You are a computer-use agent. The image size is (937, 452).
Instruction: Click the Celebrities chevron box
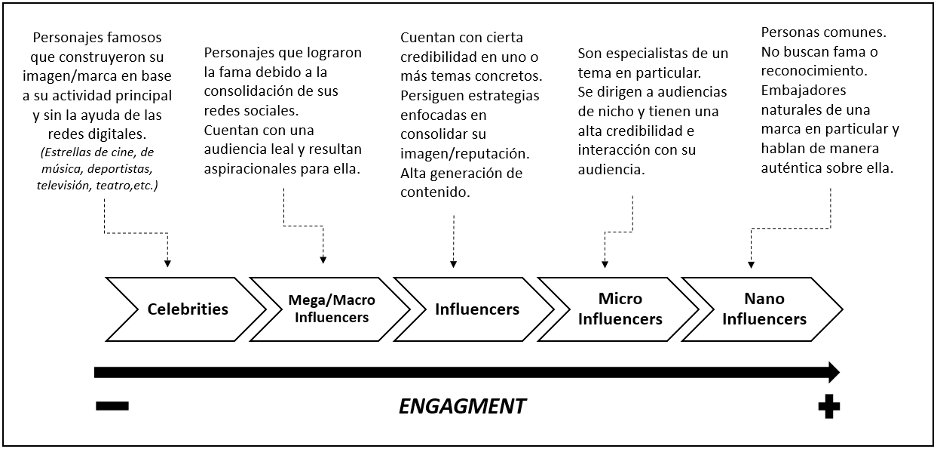pos(187,309)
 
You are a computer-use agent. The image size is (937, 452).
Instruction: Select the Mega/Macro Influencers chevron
pos(331,309)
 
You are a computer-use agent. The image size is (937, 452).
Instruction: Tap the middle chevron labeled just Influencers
pos(476,309)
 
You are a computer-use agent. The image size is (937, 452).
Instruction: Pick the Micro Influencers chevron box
pos(620,309)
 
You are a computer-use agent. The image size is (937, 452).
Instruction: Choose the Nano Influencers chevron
pos(764,309)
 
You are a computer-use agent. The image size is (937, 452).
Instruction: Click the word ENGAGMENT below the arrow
pos(462,407)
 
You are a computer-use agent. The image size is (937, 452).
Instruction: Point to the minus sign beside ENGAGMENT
pos(112,407)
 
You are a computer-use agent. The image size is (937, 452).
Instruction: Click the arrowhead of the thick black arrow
pos(833,372)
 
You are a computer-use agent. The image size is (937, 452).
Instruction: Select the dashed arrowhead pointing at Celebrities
pos(167,263)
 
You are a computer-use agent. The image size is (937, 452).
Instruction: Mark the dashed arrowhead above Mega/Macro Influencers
pos(323,260)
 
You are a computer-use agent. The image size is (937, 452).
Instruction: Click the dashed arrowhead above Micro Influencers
pos(605,263)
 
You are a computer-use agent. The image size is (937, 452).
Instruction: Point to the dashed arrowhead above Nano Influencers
pos(751,263)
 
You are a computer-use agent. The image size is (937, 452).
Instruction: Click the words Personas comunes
pos(824,34)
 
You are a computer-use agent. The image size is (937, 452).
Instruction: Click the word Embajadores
pos(803,91)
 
